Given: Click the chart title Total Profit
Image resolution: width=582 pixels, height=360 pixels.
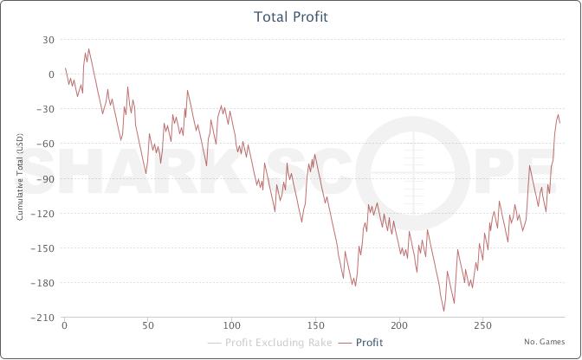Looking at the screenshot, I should [x=291, y=16].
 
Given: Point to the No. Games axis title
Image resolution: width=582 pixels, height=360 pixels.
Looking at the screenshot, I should [x=545, y=342].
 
